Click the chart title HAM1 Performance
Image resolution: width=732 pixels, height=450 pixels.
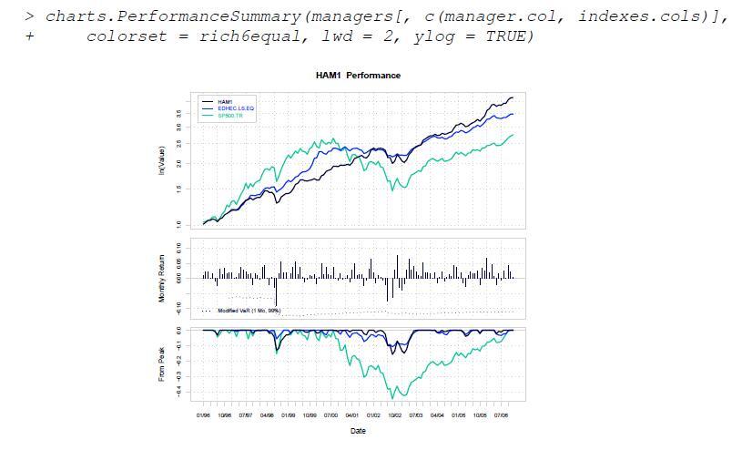(x=357, y=76)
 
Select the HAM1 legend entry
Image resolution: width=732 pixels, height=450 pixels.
(x=225, y=101)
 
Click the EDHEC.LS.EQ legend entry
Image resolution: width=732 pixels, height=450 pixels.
(x=236, y=108)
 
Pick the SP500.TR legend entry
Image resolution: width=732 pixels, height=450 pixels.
(x=229, y=116)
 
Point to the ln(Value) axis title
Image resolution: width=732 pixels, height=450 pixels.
(x=161, y=161)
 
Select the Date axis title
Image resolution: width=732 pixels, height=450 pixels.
(x=358, y=431)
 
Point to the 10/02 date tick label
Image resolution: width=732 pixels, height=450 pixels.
(x=394, y=415)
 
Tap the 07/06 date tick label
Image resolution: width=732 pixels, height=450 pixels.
(x=501, y=415)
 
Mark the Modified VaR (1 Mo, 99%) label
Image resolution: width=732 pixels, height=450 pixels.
(x=249, y=311)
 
